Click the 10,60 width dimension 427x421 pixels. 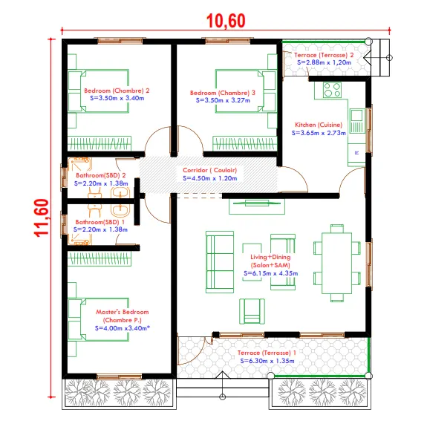(x=226, y=21)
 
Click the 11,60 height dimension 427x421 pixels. (x=42, y=218)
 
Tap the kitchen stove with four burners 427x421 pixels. (x=332, y=90)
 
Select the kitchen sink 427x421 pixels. (x=357, y=120)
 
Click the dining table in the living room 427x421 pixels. (x=337, y=263)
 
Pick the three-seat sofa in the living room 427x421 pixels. (x=220, y=262)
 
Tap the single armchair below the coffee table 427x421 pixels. (x=252, y=311)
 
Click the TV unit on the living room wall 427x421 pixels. (x=257, y=206)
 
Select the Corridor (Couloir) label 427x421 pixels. (x=209, y=170)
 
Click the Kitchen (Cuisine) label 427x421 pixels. (x=319, y=125)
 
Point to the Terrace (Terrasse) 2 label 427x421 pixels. (x=324, y=55)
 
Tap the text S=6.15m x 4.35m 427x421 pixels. (x=271, y=273)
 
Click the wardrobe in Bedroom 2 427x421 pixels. (x=99, y=143)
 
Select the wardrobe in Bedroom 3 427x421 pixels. (x=244, y=143)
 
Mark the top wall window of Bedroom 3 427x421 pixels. (x=227, y=41)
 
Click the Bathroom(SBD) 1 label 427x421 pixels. (x=100, y=222)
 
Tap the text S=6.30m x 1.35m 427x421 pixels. (x=267, y=361)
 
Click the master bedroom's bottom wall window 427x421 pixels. (x=120, y=377)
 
